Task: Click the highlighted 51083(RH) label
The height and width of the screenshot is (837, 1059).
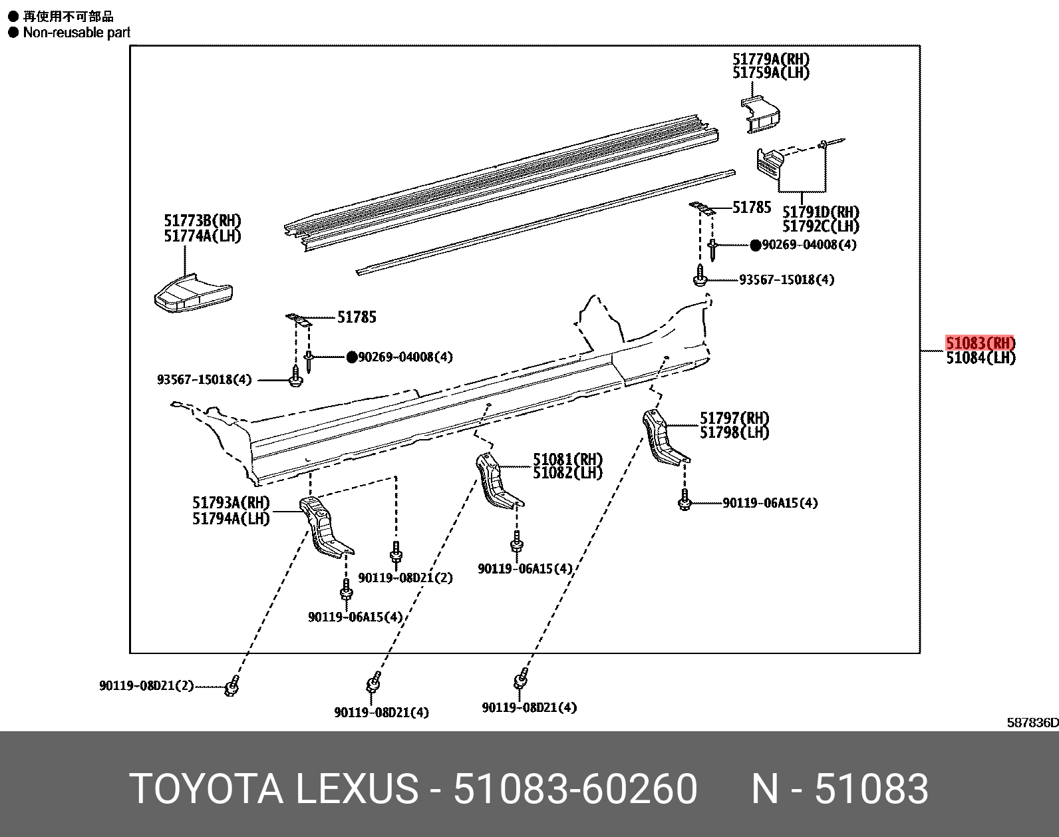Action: pos(981,343)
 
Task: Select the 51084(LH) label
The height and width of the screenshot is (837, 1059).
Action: pos(981,358)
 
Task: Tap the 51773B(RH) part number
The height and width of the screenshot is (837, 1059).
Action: pos(202,221)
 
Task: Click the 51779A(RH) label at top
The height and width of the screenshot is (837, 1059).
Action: pos(771,59)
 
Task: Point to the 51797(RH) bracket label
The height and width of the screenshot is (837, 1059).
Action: pos(734,418)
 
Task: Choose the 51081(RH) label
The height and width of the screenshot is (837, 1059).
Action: pos(567,459)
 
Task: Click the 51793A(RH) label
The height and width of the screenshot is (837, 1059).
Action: pos(231,504)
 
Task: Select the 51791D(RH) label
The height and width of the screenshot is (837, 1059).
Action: pos(820,212)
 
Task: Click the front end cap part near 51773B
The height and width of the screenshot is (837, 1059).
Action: pos(193,293)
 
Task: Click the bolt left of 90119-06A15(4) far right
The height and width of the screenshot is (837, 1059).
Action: pos(684,502)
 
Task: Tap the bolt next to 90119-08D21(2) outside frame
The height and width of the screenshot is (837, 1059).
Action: pos(231,686)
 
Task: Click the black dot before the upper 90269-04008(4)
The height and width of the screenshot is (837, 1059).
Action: pos(755,245)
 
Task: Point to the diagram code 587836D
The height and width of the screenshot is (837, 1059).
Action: pos(1031,723)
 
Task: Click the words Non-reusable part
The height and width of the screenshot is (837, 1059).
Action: pos(76,32)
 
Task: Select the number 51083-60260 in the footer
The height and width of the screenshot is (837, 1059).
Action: pos(575,789)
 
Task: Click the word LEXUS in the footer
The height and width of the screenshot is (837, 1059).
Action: pos(356,789)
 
